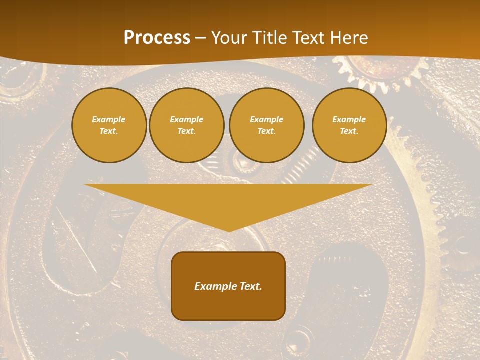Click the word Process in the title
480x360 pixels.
click(x=157, y=38)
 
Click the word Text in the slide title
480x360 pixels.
click(x=309, y=38)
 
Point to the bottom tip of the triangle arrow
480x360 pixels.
click(x=229, y=230)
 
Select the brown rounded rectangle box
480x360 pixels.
click(x=228, y=305)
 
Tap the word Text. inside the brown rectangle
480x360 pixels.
click(x=249, y=286)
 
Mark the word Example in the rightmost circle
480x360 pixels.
click(x=349, y=119)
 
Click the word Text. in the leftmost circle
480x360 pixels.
click(x=109, y=131)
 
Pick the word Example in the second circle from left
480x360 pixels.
click(x=187, y=119)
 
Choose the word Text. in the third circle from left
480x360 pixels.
click(x=267, y=131)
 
